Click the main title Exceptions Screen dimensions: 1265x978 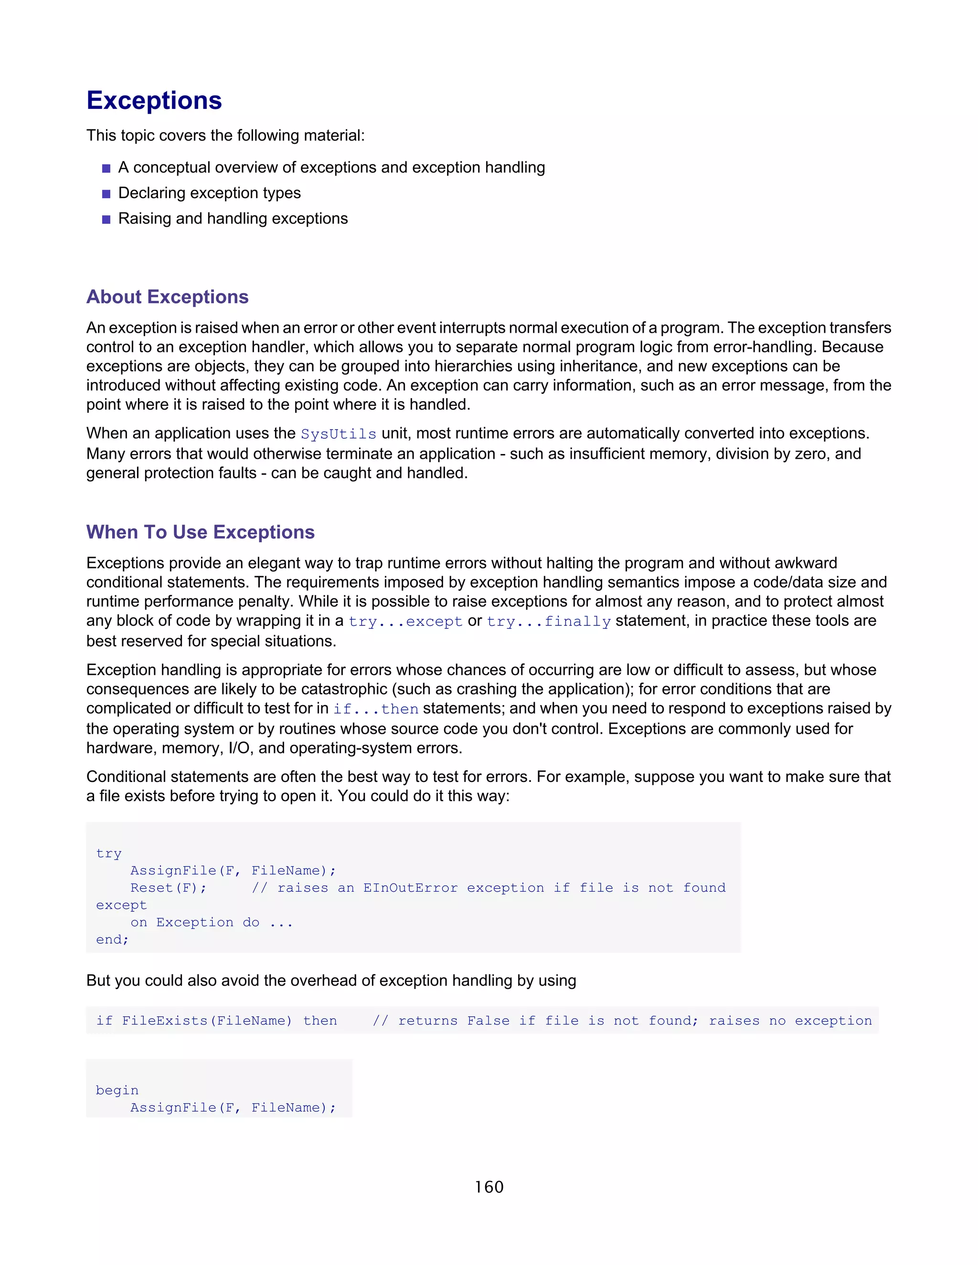(154, 100)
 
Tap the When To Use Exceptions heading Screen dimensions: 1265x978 (200, 532)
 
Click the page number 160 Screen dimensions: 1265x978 (489, 1187)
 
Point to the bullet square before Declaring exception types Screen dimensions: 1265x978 (106, 194)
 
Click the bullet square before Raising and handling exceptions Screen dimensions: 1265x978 (106, 220)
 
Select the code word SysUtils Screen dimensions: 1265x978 (339, 434)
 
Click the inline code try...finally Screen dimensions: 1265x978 (549, 622)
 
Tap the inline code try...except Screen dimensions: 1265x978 (405, 622)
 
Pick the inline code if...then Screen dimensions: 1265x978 (375, 709)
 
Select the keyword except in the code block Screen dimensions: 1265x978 (121, 905)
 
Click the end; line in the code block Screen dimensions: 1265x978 (112, 939)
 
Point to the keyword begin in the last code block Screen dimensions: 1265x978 (117, 1090)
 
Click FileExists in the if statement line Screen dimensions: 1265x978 (165, 1021)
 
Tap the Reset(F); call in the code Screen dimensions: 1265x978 (168, 888)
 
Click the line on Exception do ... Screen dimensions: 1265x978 (212, 922)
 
